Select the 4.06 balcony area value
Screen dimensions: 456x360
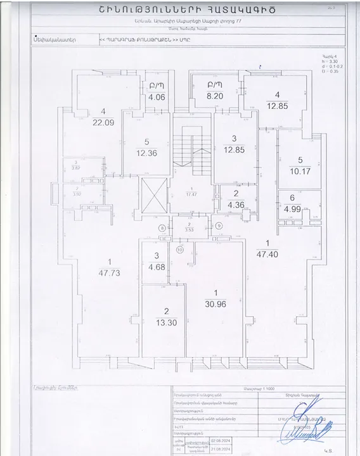(156, 98)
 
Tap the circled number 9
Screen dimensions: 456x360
(219, 225)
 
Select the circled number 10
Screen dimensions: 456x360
(180, 250)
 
